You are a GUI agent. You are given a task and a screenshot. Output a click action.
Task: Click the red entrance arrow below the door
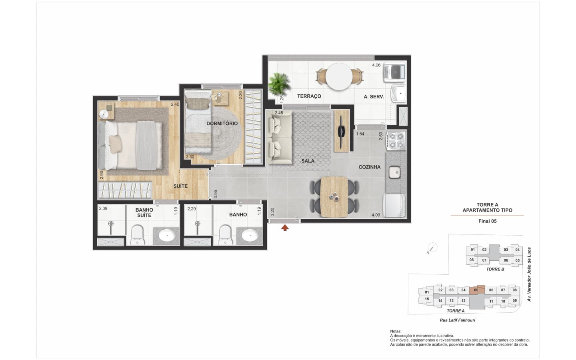click(x=285, y=228)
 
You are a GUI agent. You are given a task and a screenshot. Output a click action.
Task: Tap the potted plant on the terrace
click(x=279, y=84)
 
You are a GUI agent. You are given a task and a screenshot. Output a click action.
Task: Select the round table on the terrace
click(x=339, y=76)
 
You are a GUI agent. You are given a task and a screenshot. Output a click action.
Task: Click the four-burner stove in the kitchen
click(x=396, y=141)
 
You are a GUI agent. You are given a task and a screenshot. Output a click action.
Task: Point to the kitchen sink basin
click(x=394, y=172)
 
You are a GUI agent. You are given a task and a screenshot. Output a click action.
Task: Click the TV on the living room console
click(x=342, y=131)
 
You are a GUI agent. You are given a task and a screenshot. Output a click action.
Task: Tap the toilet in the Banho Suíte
click(x=137, y=235)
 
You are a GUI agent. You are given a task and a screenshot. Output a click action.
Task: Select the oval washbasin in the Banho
click(x=249, y=235)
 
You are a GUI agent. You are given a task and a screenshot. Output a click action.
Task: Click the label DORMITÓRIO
click(x=222, y=124)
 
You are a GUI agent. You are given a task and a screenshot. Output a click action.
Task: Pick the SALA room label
click(x=308, y=161)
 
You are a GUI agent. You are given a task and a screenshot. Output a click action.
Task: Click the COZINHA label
click(x=370, y=167)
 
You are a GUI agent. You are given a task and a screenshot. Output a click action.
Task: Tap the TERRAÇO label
click(x=309, y=96)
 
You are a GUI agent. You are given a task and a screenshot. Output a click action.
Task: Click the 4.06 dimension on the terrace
click(x=376, y=65)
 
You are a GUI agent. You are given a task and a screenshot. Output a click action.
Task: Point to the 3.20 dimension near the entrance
click(x=272, y=212)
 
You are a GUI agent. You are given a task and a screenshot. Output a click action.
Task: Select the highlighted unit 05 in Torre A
click(x=477, y=290)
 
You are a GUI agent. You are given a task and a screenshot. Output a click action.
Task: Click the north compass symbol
click(x=432, y=248)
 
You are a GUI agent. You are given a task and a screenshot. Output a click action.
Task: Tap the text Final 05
click(x=487, y=221)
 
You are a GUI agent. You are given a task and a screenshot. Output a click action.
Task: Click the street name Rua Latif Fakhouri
click(x=458, y=320)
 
